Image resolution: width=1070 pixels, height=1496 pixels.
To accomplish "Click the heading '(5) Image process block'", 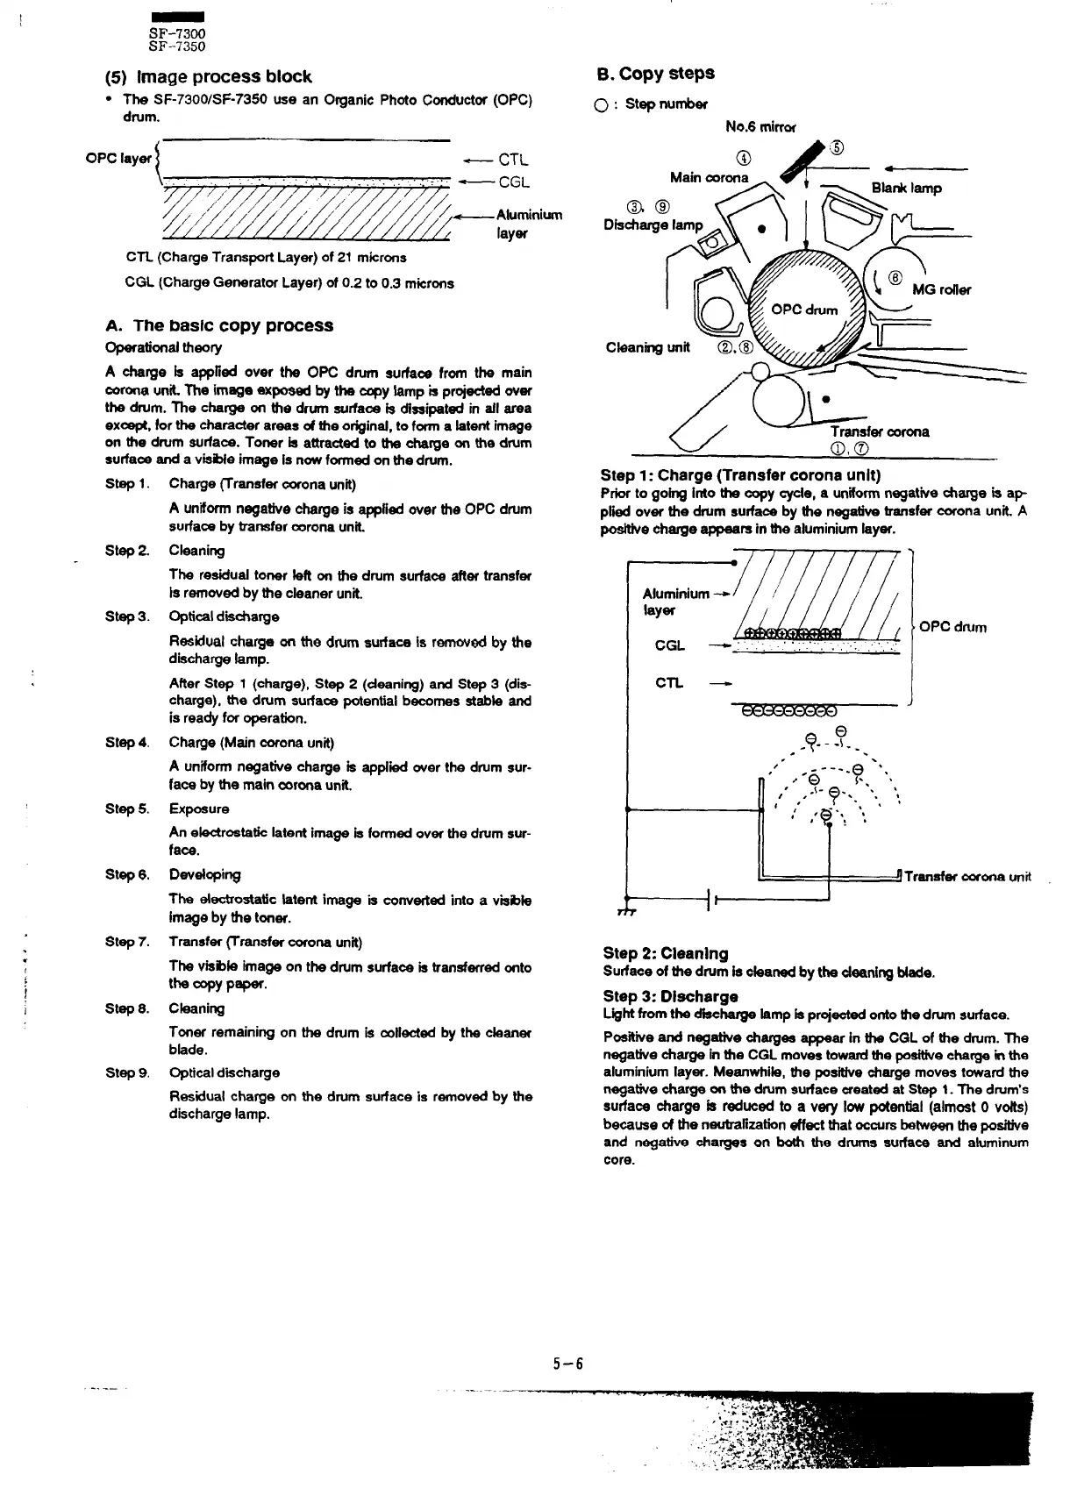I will [x=208, y=77].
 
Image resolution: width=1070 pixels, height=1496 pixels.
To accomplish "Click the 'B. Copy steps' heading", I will [x=656, y=74].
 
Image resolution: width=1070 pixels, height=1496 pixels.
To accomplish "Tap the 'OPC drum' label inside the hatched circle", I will [x=804, y=310].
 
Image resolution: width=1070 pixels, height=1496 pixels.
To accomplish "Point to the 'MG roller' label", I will [x=941, y=290].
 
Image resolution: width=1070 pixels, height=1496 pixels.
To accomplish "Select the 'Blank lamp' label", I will [x=906, y=188].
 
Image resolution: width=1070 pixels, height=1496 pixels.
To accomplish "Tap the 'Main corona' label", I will [x=709, y=178].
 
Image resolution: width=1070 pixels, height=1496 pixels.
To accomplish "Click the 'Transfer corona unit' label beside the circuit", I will [x=967, y=877].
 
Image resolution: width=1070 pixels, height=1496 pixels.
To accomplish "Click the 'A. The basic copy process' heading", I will [x=218, y=325].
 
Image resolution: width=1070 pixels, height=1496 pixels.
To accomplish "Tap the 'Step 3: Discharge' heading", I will [x=670, y=996].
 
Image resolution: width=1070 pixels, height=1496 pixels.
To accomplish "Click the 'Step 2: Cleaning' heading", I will [x=666, y=953].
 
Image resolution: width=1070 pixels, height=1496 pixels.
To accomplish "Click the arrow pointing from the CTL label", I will [x=476, y=160].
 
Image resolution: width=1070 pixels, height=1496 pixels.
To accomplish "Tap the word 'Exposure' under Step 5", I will [x=199, y=809].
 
